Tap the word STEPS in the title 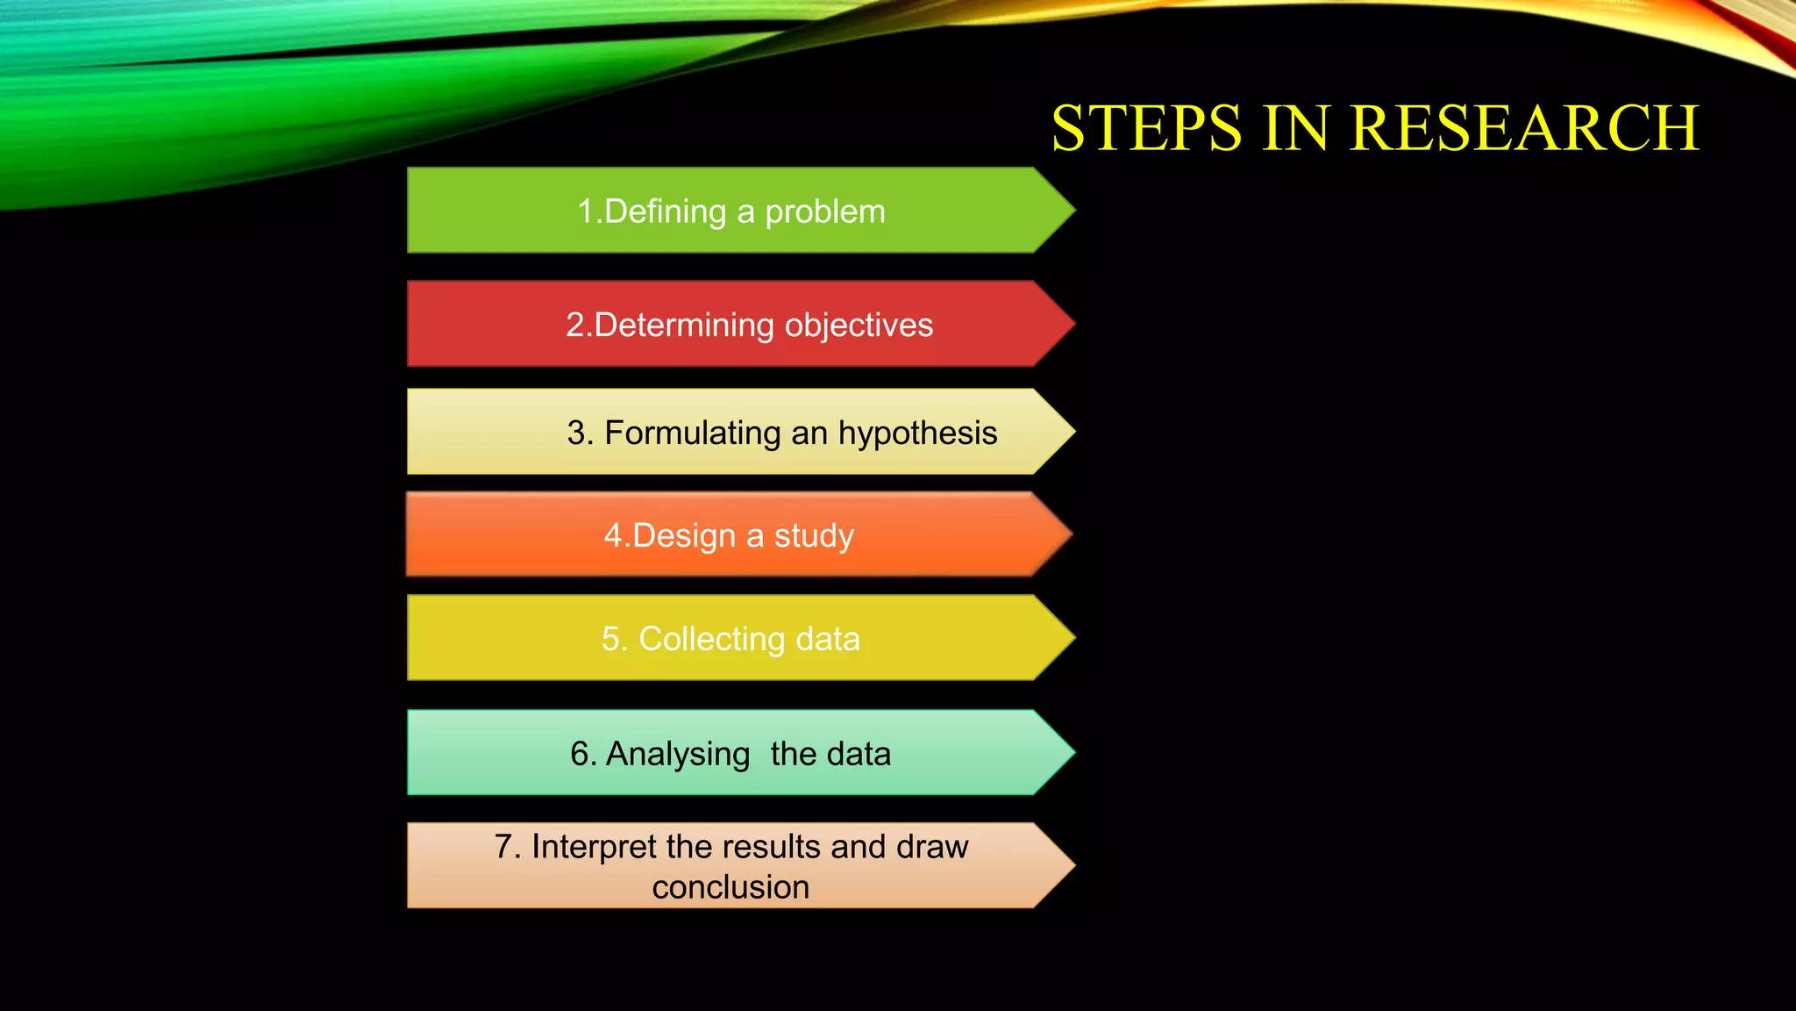pyautogui.click(x=1146, y=128)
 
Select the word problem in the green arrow pyautogui.click(x=825, y=212)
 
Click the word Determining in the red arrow pyautogui.click(x=684, y=325)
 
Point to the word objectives pyautogui.click(x=859, y=326)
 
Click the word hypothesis pyautogui.click(x=917, y=434)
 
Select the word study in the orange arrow pyautogui.click(x=814, y=536)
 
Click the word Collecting pyautogui.click(x=711, y=639)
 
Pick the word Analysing pyautogui.click(x=677, y=755)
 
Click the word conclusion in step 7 pyautogui.click(x=731, y=887)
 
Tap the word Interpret pyautogui.click(x=594, y=848)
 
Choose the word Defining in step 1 pyautogui.click(x=666, y=212)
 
